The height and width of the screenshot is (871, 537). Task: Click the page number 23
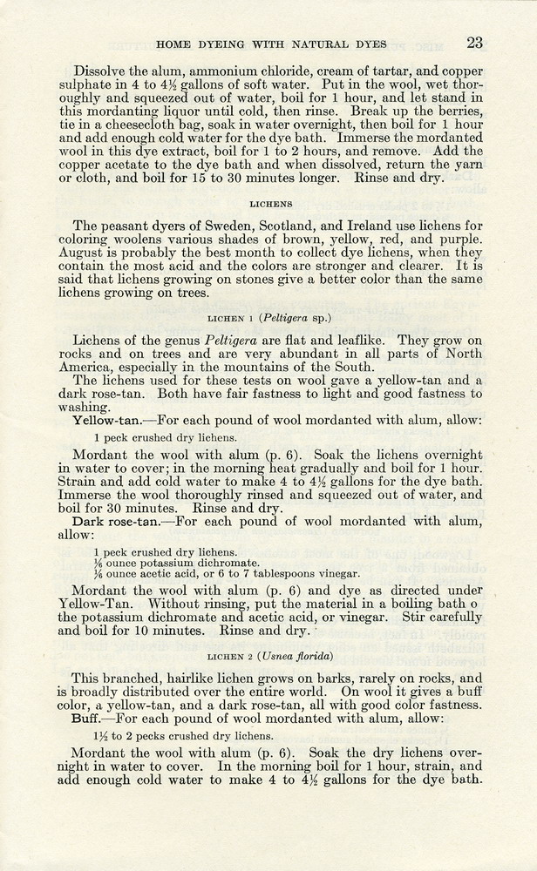pyautogui.click(x=474, y=42)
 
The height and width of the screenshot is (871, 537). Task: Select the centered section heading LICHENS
pyautogui.click(x=268, y=206)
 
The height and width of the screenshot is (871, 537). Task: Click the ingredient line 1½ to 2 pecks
pyautogui.click(x=178, y=737)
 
